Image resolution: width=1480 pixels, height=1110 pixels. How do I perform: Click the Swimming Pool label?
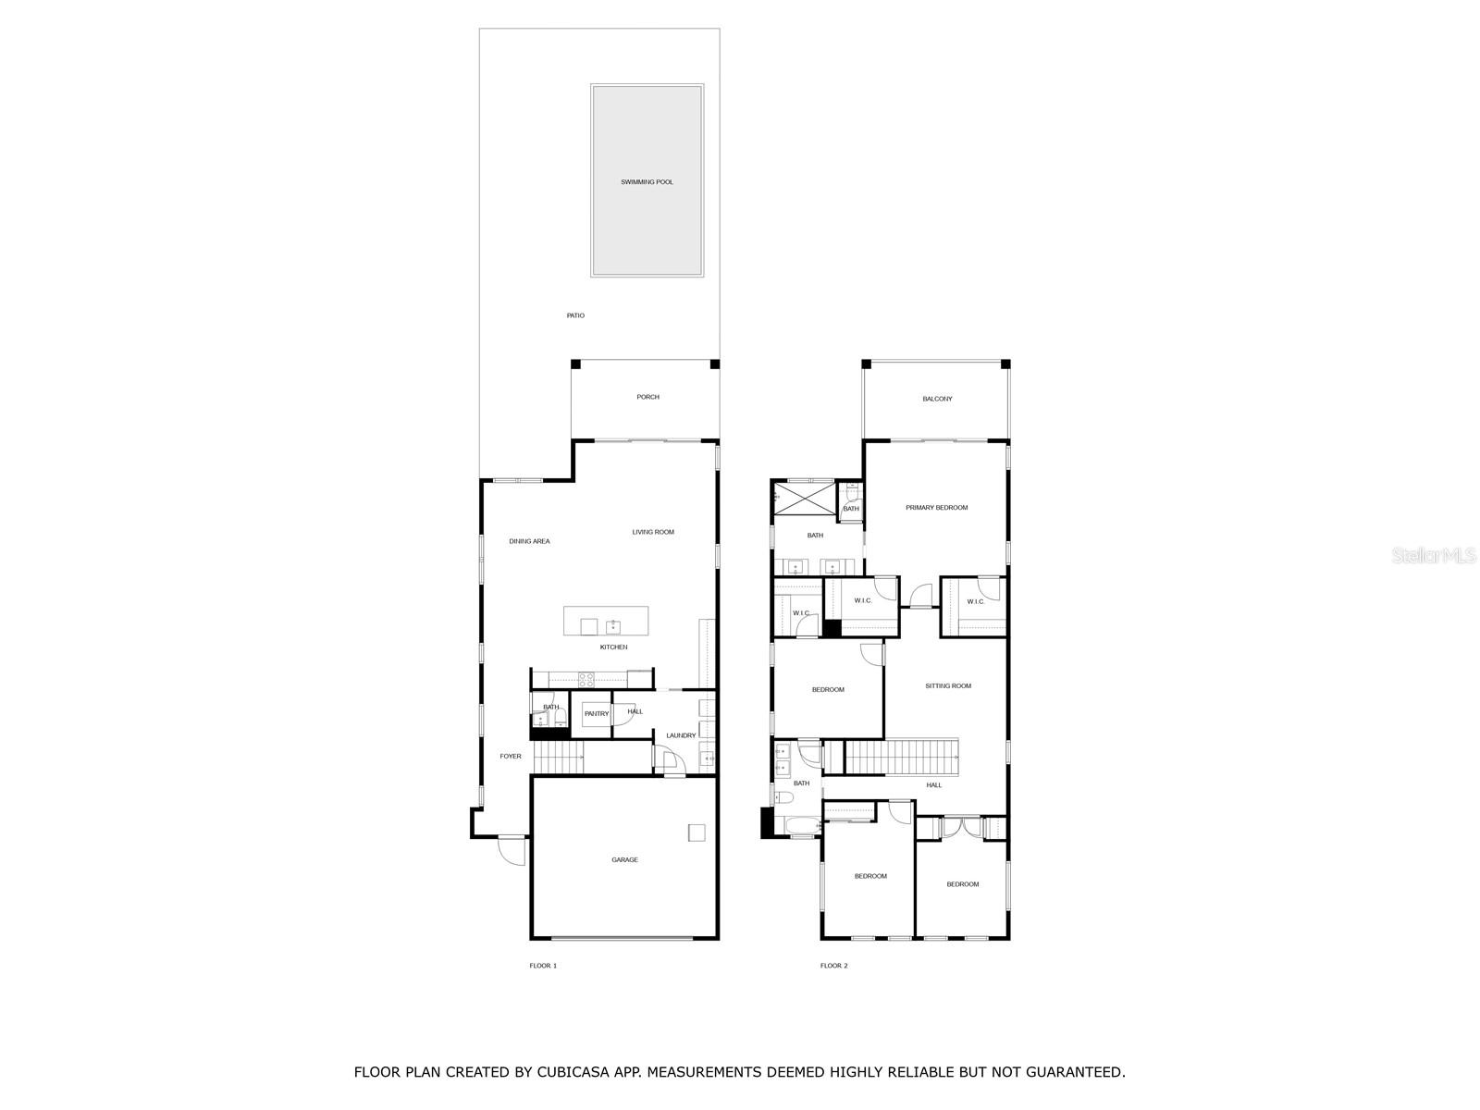(x=647, y=182)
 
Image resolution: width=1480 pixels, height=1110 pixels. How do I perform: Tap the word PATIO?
(x=575, y=315)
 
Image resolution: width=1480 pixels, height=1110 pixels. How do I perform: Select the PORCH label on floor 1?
(x=647, y=397)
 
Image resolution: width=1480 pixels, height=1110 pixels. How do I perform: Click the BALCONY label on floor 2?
(x=936, y=399)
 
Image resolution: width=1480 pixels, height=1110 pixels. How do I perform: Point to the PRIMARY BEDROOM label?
(x=936, y=508)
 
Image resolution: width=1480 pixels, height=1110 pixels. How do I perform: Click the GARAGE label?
(x=624, y=860)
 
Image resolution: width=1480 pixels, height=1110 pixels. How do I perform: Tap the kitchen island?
(x=606, y=621)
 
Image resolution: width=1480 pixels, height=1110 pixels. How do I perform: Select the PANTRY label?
(x=597, y=713)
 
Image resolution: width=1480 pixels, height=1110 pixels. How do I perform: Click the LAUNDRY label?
(x=681, y=735)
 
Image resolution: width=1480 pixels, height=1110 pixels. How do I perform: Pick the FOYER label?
(x=511, y=757)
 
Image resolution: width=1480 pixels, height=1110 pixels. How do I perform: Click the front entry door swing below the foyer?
(x=512, y=849)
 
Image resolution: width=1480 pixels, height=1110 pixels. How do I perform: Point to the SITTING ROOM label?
(x=948, y=686)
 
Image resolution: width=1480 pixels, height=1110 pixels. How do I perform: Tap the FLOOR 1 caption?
(x=543, y=966)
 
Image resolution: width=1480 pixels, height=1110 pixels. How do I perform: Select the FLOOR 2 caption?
(x=833, y=966)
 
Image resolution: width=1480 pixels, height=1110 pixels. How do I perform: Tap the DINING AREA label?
(x=529, y=541)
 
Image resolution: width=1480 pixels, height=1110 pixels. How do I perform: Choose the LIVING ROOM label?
(x=653, y=532)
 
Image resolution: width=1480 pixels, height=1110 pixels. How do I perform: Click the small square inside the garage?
(x=697, y=832)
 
